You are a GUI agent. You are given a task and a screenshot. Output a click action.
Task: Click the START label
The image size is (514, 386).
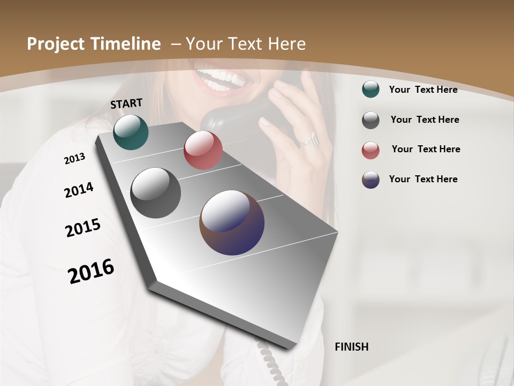126,103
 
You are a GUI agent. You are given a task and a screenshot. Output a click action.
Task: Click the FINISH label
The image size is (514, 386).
351,347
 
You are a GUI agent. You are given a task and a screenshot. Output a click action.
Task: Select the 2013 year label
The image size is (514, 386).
74,159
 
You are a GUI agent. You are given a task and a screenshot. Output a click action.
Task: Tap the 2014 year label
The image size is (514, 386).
79,190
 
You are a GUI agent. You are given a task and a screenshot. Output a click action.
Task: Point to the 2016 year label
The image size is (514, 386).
91,271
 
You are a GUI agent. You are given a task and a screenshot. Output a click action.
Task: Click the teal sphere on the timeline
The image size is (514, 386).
131,132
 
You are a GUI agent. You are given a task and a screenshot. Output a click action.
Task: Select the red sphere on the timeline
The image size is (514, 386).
203,150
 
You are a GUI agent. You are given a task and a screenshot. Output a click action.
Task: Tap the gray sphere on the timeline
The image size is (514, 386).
155,193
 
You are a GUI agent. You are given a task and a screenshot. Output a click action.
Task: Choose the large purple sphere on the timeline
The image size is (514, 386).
232,222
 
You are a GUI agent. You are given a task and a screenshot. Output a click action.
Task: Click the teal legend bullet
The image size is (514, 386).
371,90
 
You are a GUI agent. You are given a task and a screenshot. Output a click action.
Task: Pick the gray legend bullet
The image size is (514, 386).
371,120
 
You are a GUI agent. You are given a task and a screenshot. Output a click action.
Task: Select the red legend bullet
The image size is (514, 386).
371,150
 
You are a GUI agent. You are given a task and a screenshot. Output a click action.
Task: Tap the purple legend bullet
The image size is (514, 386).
371,180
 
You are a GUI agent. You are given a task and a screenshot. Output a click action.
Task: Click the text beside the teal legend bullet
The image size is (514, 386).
423,90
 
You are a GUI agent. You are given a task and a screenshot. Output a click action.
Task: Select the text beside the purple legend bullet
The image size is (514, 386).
423,179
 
